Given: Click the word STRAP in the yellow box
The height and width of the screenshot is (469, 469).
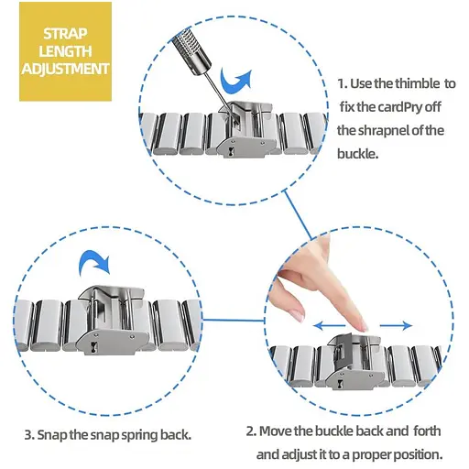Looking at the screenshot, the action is point(65,34).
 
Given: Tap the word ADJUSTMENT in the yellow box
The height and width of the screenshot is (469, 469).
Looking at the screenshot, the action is point(65,69).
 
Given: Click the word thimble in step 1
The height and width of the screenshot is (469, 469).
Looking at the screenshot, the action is point(418,83).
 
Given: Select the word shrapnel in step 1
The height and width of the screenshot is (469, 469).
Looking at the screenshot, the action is point(384,130).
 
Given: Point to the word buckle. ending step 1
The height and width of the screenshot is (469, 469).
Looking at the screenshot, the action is point(357,153).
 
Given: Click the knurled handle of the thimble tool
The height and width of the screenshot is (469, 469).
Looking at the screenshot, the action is point(191,49).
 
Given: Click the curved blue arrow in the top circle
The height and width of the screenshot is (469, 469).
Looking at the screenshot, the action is point(235,81).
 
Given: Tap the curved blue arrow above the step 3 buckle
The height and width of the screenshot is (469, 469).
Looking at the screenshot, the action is point(93,262).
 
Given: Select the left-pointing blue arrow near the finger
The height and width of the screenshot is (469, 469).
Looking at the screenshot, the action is point(330,326).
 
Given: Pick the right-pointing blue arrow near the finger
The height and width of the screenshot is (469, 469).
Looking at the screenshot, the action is point(397,326).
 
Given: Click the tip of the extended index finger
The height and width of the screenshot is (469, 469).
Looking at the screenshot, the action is point(363,329).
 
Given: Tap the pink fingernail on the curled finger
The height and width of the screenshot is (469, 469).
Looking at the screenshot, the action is point(299,315).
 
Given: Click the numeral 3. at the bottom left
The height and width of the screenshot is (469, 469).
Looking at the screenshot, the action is point(29,435).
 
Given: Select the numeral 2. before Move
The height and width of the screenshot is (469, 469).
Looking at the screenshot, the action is point(251,431).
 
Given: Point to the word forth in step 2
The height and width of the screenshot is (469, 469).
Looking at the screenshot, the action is point(427,431).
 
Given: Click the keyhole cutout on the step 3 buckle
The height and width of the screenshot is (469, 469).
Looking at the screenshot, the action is point(93,347).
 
